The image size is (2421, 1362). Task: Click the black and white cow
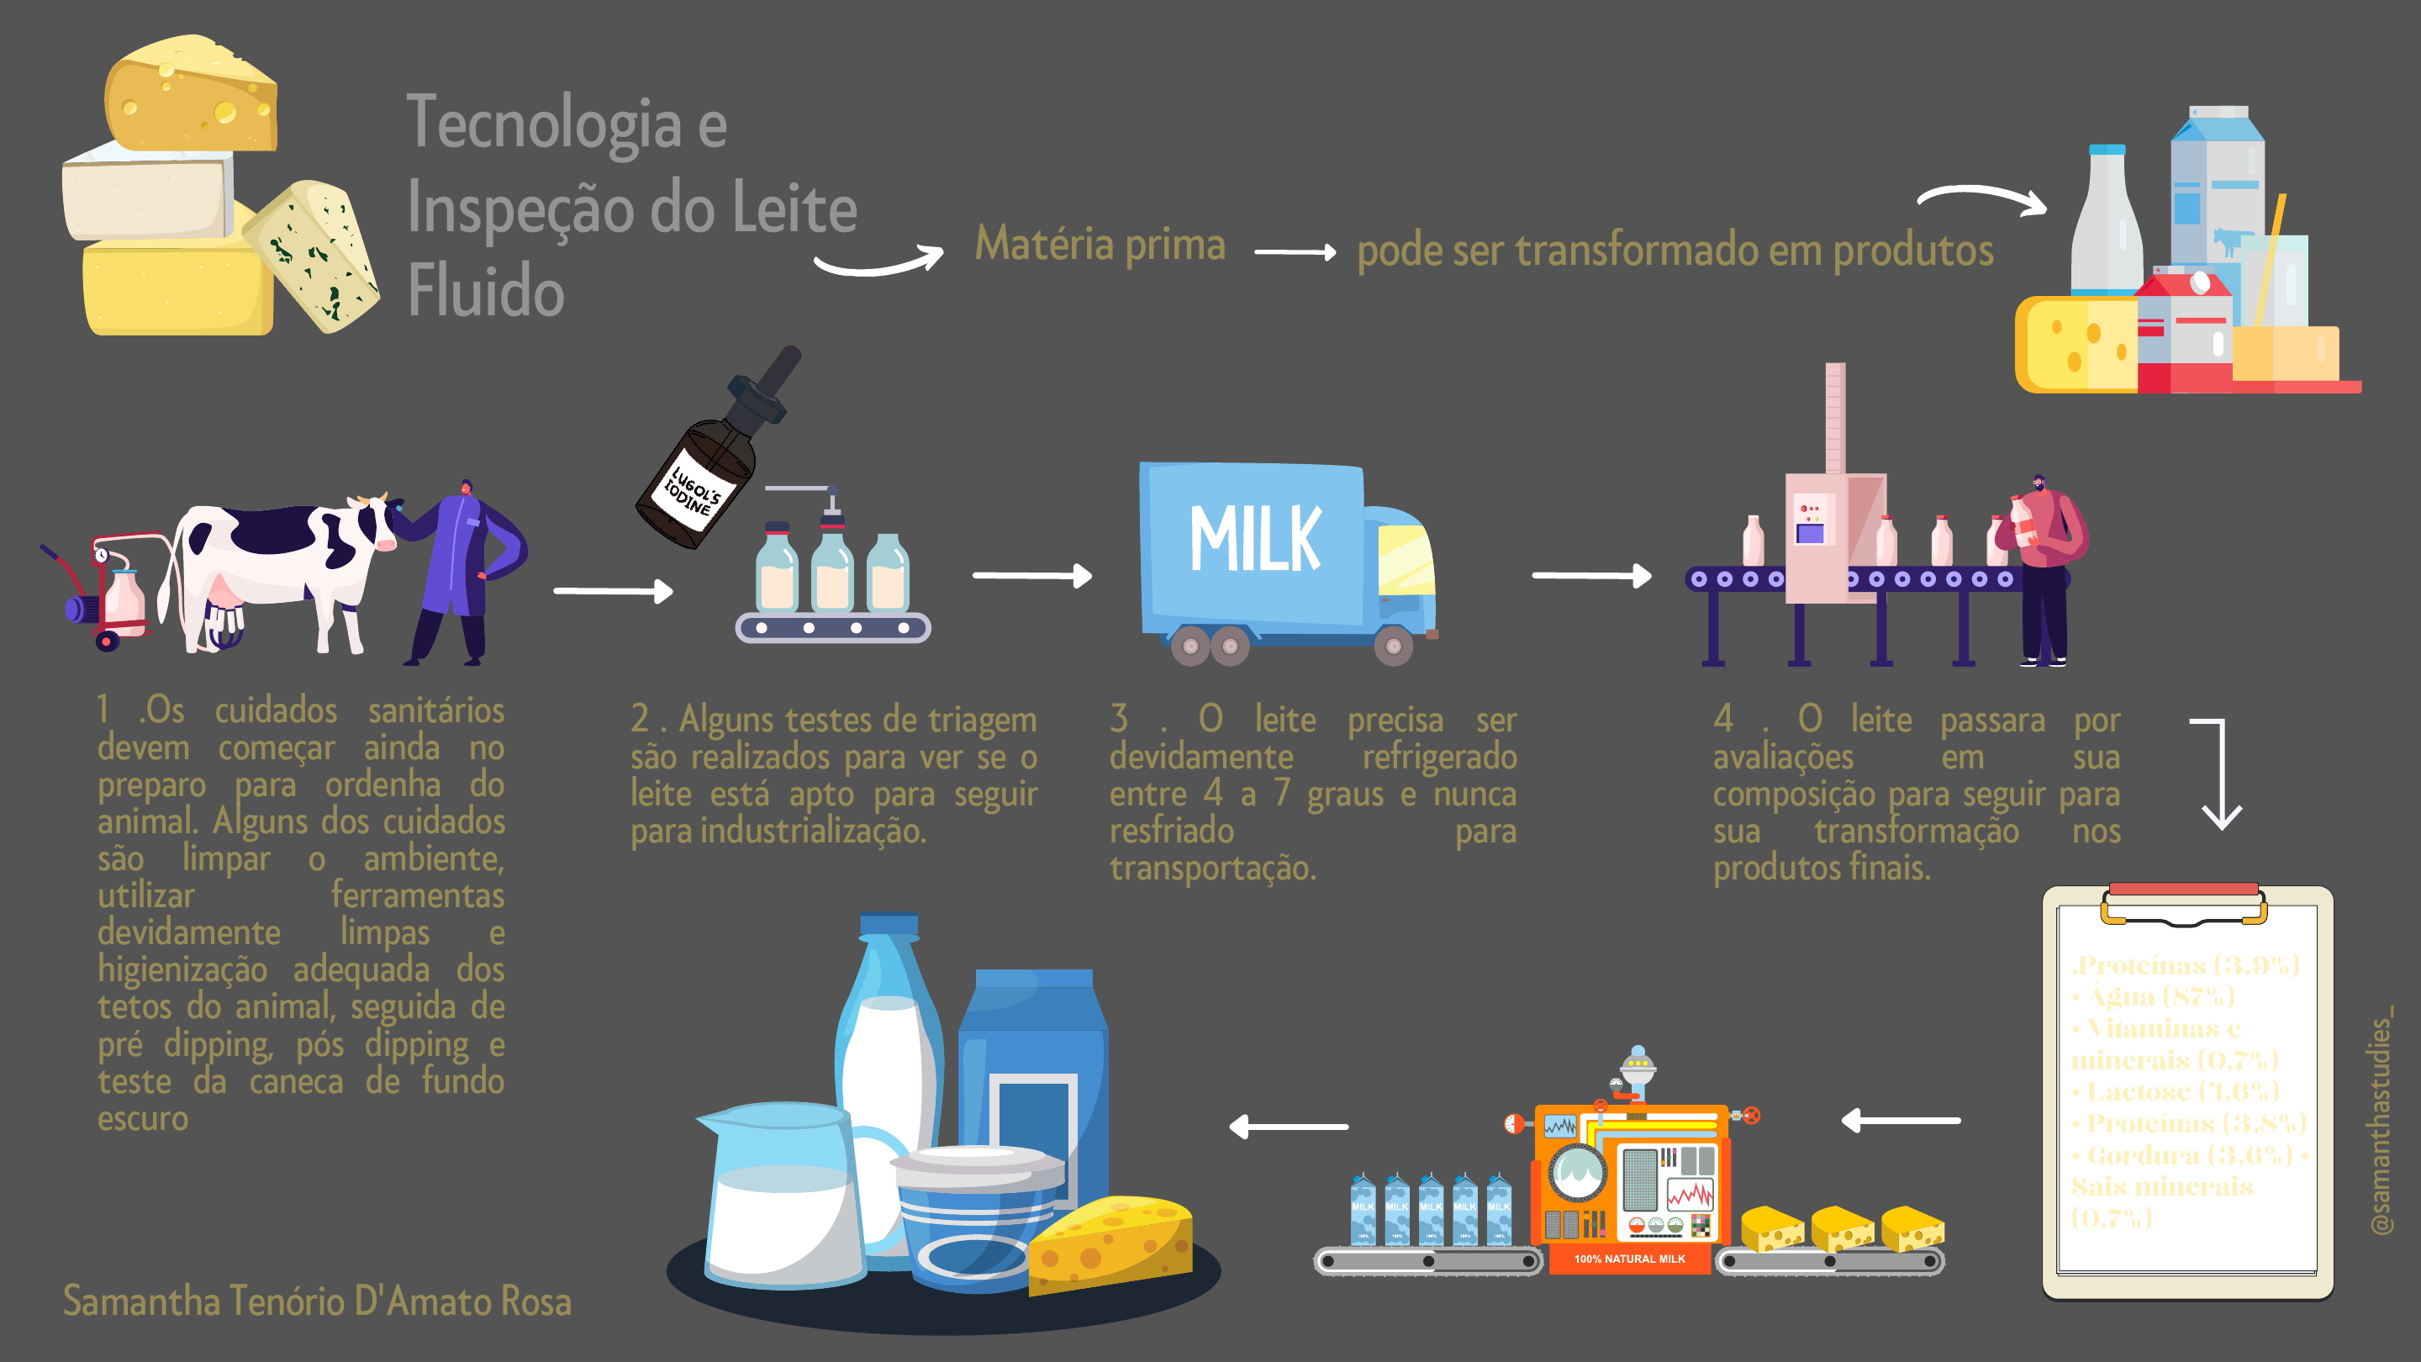(282, 564)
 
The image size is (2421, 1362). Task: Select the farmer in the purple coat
(461, 573)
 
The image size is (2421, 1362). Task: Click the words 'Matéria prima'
(1100, 245)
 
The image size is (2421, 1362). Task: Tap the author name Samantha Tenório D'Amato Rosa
(317, 1301)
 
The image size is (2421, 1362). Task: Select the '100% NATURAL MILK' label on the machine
(1630, 1259)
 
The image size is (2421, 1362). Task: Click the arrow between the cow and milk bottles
(613, 591)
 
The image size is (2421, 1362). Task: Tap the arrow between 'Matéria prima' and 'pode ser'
(1295, 252)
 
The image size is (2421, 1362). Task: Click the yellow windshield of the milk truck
(1405, 560)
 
